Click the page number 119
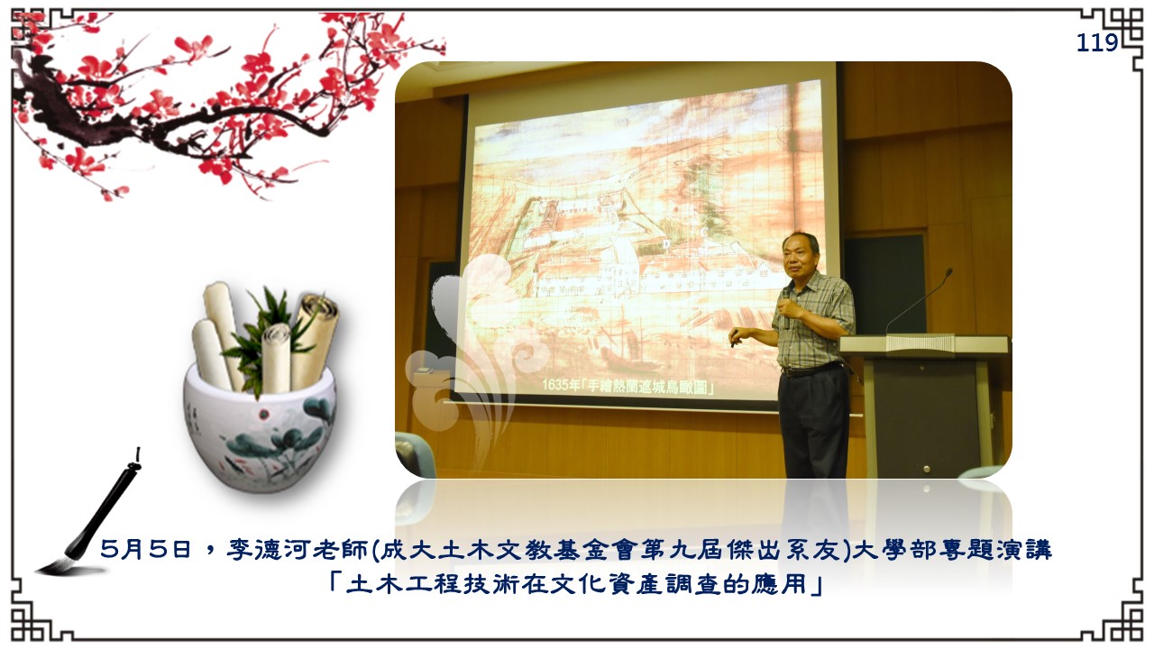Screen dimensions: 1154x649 click(1097, 42)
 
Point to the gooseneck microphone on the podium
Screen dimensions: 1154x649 click(918, 301)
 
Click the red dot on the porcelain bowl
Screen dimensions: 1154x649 click(264, 414)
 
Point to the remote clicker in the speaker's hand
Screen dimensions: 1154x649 click(733, 340)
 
